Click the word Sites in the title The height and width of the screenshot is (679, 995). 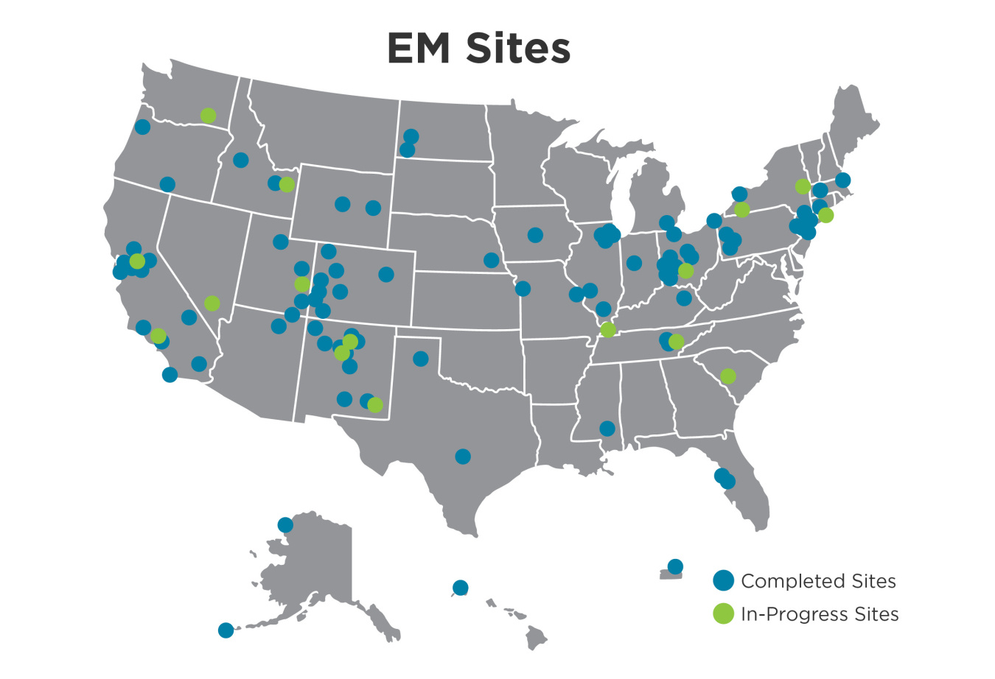point(518,49)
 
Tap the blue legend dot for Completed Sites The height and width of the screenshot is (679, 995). point(724,580)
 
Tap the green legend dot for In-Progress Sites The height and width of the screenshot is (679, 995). point(724,613)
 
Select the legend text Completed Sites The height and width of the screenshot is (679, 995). point(818,581)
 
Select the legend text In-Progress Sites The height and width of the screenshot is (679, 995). point(820,614)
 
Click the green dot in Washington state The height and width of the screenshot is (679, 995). point(208,116)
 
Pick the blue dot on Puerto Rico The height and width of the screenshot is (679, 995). point(674,566)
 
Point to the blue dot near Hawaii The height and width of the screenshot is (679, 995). point(460,587)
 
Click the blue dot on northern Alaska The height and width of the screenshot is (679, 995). point(285,524)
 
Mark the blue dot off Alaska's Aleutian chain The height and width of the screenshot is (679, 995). point(226,630)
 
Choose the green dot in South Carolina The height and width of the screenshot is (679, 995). point(727,376)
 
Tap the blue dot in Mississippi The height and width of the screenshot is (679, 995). point(607,428)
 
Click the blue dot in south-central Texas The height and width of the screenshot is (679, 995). point(462,457)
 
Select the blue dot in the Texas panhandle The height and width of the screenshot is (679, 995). point(420,359)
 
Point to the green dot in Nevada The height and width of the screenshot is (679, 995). point(212,303)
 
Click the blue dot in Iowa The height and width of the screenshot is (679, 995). point(535,235)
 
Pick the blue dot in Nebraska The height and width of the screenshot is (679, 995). point(491,260)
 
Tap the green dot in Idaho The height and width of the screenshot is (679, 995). point(287,184)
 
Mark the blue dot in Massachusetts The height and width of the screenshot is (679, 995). point(842,180)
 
